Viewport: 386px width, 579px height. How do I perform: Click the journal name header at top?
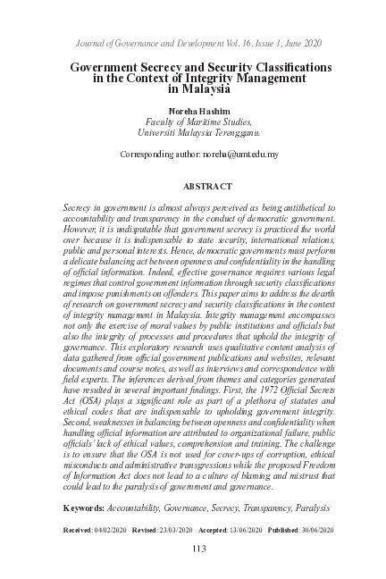coord(192,43)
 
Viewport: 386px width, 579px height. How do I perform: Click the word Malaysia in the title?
coord(203,89)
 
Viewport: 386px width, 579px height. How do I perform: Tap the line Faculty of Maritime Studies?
coord(193,122)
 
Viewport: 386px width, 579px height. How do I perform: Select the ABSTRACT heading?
coord(207,187)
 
